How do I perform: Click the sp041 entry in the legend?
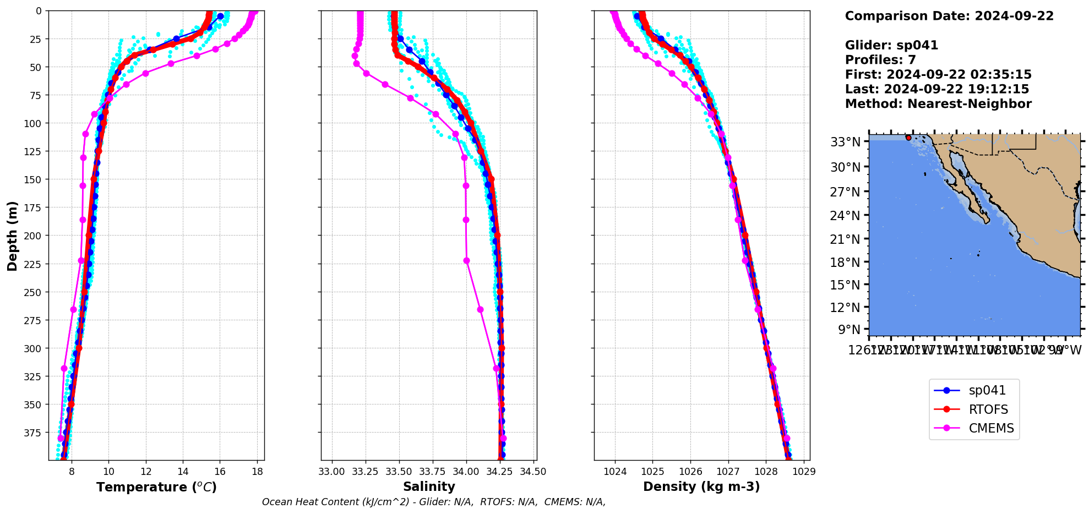point(987,390)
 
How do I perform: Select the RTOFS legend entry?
point(988,409)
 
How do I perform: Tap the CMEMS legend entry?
point(991,428)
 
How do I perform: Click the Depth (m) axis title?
point(12,236)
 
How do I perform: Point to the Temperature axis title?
point(156,487)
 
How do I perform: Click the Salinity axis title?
point(429,486)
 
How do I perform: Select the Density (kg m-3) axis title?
point(701,486)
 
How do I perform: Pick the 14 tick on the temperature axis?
point(183,472)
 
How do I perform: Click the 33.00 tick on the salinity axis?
point(331,472)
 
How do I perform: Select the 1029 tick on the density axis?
point(804,472)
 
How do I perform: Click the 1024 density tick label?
point(615,472)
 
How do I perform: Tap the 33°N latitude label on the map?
point(845,142)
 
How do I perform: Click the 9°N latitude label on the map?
point(849,330)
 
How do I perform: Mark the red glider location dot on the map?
point(908,138)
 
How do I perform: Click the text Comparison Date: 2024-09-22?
point(949,16)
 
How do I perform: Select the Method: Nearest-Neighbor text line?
point(938,104)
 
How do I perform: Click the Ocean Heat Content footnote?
point(434,502)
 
